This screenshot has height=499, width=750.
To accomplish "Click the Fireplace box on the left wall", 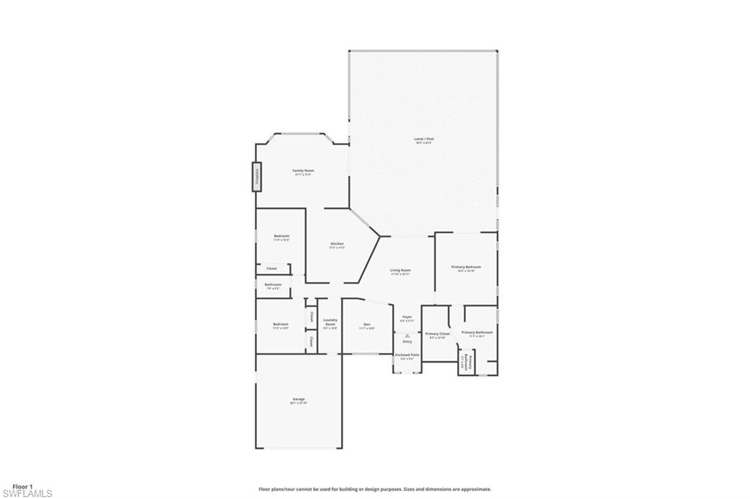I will [257, 177].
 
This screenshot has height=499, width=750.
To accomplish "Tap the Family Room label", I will [303, 171].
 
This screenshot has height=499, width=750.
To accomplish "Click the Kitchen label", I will [337, 244].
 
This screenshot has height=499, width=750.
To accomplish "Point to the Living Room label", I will [400, 270].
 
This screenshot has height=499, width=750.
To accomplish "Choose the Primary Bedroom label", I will [466, 267].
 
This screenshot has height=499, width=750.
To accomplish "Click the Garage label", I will [297, 399].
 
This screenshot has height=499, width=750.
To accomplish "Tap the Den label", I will [367, 325].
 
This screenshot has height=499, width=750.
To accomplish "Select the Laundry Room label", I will [330, 322].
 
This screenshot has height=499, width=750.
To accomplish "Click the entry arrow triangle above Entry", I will [407, 336].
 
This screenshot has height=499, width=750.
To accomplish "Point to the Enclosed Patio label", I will [407, 355].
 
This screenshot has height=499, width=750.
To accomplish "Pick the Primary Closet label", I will [437, 333].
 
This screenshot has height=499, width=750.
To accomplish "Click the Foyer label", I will [407, 317].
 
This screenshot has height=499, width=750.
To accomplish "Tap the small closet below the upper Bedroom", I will [272, 268].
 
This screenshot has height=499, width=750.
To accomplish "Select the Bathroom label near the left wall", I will [273, 284].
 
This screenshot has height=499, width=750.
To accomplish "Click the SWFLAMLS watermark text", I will [27, 493].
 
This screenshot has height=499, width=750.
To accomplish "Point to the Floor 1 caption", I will [23, 486].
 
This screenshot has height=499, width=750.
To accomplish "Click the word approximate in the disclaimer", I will [475, 489].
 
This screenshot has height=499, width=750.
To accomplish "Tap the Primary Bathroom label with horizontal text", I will [477, 333].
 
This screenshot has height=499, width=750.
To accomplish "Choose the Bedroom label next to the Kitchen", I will [281, 236].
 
